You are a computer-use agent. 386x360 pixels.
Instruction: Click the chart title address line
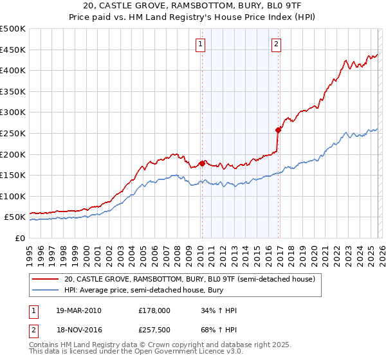click(x=193, y=6)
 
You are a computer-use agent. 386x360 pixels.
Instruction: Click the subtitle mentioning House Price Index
click(x=193, y=17)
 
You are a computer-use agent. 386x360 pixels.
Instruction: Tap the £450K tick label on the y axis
click(x=13, y=50)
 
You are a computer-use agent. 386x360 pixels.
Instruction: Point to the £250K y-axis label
click(x=13, y=133)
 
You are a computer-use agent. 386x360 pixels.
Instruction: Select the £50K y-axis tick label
click(x=15, y=217)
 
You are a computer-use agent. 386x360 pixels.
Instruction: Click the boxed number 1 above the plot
click(x=201, y=44)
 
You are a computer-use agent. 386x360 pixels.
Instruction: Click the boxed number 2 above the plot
click(x=276, y=44)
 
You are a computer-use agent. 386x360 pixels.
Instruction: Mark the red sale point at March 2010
click(x=202, y=163)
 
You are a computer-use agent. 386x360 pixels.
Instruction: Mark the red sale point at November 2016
click(x=278, y=130)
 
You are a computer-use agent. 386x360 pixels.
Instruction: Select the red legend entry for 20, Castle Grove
click(x=189, y=280)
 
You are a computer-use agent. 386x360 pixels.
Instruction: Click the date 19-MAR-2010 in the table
click(x=79, y=310)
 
